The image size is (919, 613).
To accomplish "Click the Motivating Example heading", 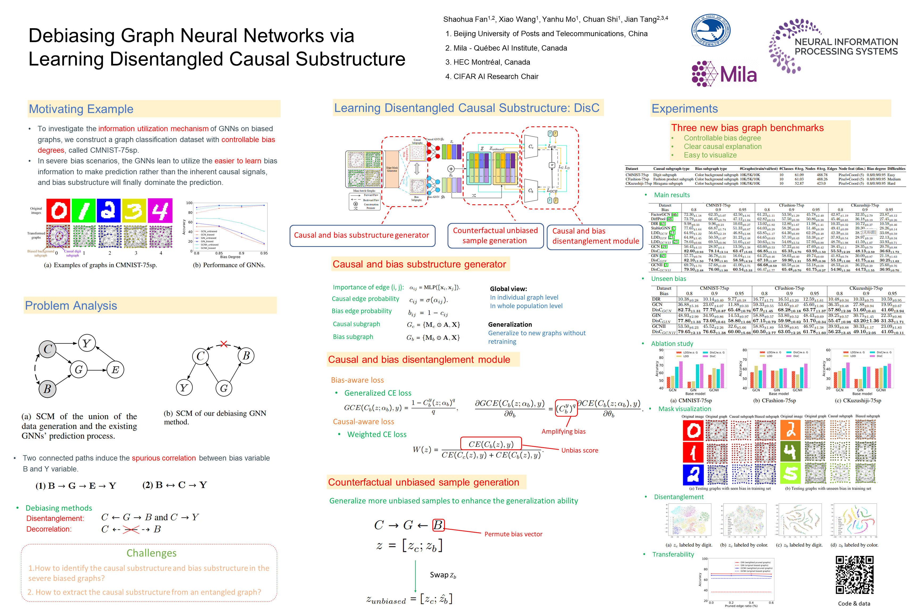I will (81, 109).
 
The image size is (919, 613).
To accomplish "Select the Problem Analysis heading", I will (71, 306).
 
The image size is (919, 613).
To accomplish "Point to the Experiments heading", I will (684, 109).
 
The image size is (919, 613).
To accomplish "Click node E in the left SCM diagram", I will (115, 370).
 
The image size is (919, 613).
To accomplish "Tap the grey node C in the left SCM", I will (48, 349).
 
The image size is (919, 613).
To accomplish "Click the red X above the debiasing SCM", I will (223, 344).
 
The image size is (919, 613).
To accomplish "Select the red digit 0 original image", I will (58, 211).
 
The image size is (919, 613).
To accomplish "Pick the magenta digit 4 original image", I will (160, 211).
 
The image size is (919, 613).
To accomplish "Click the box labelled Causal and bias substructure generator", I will (362, 235).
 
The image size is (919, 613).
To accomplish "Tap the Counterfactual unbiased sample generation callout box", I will (495, 236).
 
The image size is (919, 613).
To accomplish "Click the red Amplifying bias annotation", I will (563, 432).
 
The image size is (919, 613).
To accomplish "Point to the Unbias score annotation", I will (579, 450).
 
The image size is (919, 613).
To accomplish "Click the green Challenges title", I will (151, 553).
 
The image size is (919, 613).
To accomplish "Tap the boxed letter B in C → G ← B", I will (438, 525).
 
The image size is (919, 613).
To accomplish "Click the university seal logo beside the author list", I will (711, 31).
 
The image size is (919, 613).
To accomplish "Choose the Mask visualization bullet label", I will (684, 409).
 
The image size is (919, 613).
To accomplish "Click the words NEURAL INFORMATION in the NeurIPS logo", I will (846, 42).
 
